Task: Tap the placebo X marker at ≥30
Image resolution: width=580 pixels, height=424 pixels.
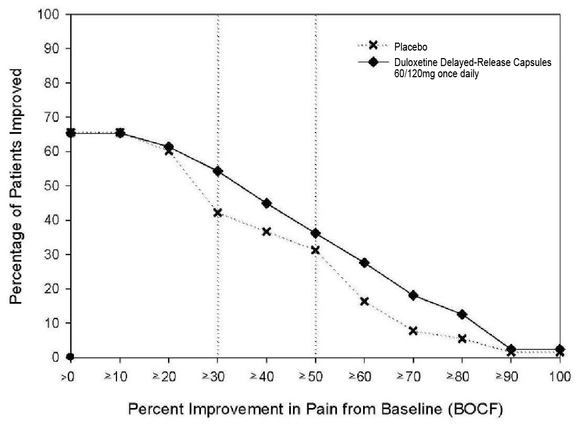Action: pos(217,213)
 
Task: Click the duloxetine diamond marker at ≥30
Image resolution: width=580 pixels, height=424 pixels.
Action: pos(217,171)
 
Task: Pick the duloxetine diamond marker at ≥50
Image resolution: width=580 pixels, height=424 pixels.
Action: pos(315,233)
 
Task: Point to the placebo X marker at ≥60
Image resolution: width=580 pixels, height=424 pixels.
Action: pos(364,301)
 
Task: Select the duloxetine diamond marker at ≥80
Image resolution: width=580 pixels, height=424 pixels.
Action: pos(462,314)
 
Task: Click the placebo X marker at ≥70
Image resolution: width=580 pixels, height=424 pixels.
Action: pos(413,331)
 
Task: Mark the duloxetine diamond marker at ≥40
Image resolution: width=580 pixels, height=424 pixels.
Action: pos(266,203)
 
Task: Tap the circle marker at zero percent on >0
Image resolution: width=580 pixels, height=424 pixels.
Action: pos(71,357)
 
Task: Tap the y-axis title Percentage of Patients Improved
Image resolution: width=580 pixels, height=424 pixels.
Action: pos(18,185)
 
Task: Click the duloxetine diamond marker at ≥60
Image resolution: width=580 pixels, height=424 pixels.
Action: pos(364,263)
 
